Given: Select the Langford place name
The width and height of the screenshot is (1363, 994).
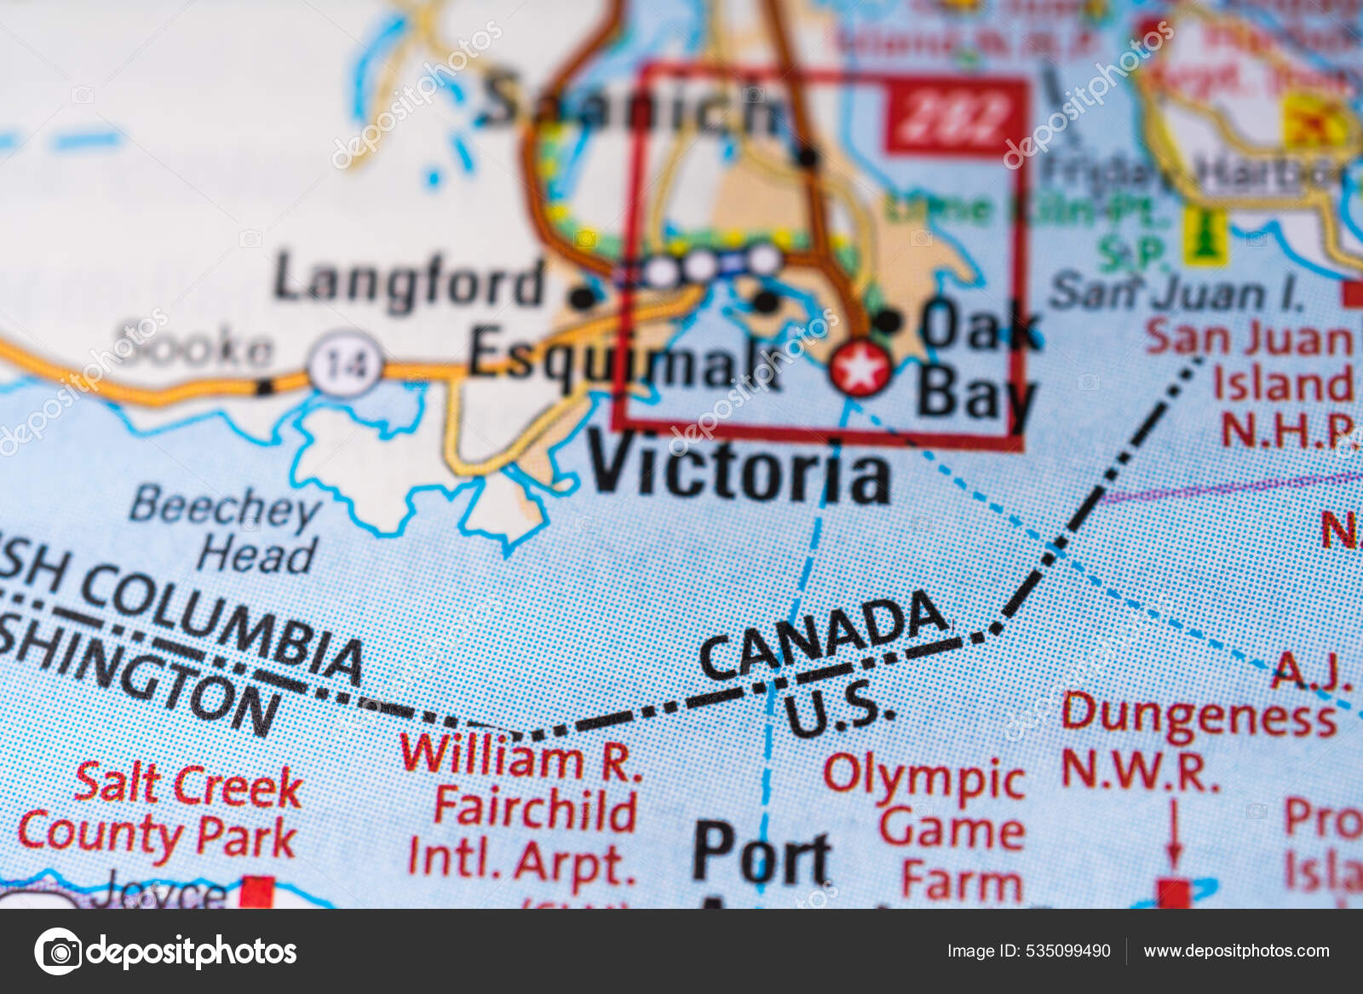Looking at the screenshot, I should (x=410, y=280).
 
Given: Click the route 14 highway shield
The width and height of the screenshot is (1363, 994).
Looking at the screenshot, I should (x=345, y=365).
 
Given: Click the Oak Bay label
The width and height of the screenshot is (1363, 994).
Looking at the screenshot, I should (x=978, y=362).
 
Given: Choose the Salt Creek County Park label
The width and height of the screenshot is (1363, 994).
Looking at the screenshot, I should (x=161, y=808).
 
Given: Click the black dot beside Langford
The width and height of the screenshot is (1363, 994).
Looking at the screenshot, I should (x=583, y=298).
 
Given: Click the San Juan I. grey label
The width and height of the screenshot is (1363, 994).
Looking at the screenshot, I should (x=1176, y=292).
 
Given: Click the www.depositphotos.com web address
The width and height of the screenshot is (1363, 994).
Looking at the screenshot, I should (x=1236, y=951).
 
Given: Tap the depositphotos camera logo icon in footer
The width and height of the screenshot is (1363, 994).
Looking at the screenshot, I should (x=58, y=951).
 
